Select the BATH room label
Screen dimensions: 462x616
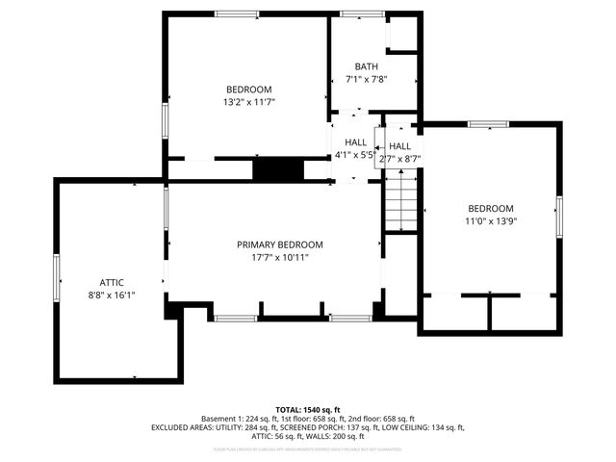[366, 66]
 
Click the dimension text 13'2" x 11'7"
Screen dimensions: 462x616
[248, 101]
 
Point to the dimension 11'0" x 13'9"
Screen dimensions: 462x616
[491, 221]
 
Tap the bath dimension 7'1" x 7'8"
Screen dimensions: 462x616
[366, 80]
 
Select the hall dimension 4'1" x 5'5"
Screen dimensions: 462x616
[354, 155]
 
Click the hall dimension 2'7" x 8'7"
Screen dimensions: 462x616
[400, 158]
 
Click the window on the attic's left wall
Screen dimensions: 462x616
[56, 280]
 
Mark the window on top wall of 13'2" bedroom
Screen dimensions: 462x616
[236, 13]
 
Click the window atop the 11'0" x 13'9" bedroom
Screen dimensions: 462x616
[489, 124]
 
